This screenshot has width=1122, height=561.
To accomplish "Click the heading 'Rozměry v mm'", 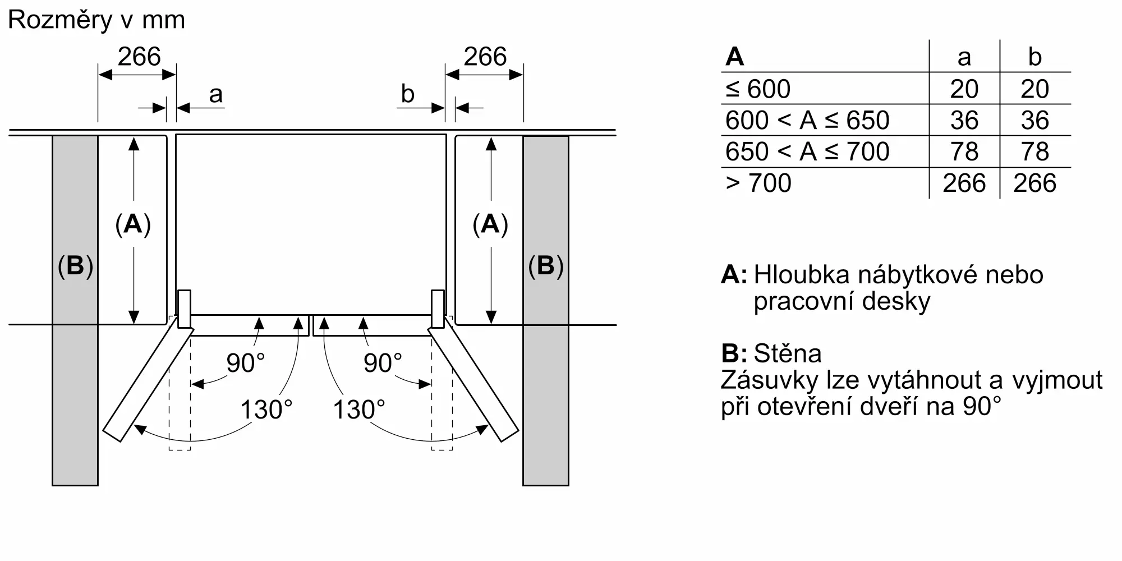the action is coord(96,21).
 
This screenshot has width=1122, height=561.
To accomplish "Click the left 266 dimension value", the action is coord(139,57).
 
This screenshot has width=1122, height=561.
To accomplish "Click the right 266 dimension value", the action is coord(485,57).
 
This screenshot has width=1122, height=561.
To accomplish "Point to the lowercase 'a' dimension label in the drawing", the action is coord(216,95).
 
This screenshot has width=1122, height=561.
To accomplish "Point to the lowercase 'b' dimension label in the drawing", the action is coord(408,93).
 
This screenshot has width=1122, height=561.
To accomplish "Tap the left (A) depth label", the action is coord(133,224).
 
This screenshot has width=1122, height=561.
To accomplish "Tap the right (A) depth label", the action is coord(490,224).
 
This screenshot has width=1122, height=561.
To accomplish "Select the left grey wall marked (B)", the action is coord(75,310).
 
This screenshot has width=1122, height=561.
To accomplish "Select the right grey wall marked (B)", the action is coord(546,310).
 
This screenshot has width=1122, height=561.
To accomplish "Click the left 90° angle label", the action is coord(245,363).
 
